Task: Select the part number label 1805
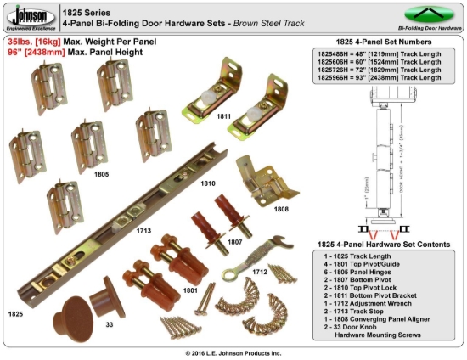(100, 174)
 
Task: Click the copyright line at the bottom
(233, 352)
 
